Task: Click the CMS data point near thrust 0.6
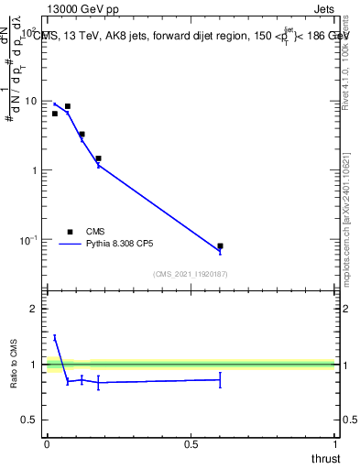[220, 246]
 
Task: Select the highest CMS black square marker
[67, 106]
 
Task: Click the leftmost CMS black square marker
[55, 114]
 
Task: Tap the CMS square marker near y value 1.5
[98, 158]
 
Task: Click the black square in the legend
[70, 232]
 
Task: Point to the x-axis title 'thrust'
[325, 458]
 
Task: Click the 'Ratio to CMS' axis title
[14, 365]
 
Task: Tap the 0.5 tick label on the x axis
[191, 443]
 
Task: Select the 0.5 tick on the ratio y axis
[30, 420]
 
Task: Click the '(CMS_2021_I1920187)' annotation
[191, 273]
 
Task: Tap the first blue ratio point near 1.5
[55, 337]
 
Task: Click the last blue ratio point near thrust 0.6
[220, 379]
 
